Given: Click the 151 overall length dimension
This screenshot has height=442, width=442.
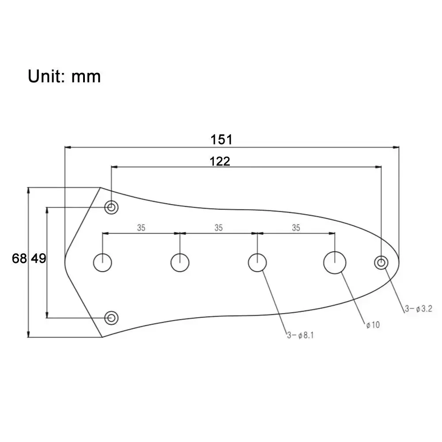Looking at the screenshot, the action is (221, 140).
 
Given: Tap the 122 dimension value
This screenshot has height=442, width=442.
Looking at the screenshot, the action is (220, 161).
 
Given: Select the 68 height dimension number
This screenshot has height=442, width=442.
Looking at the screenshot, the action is (19, 258).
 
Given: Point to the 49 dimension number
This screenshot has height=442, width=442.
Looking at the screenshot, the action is (38, 258).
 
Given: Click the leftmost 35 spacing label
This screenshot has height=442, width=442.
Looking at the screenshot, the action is (141, 228).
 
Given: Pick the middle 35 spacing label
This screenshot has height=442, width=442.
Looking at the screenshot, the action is (218, 228).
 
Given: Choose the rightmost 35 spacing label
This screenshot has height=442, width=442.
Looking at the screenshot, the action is (296, 228).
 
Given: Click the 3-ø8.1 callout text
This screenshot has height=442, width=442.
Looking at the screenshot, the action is (300, 335).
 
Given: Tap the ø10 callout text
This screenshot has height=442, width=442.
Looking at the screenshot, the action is (373, 325).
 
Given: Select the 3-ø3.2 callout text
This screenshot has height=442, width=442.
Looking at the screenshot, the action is (418, 309).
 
